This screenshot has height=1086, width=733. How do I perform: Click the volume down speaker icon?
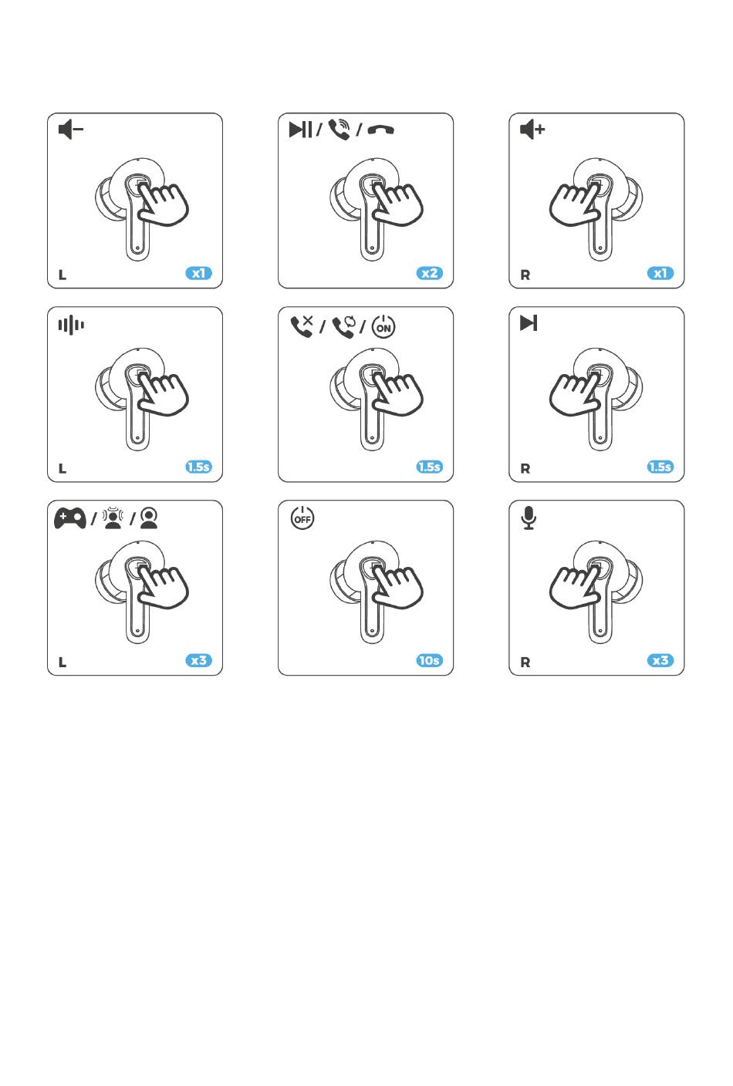coord(70,130)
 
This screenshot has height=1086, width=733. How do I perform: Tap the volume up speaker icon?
coord(532,130)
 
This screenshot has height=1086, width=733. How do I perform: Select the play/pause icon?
coord(300,130)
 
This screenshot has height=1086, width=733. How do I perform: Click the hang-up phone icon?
coord(381,130)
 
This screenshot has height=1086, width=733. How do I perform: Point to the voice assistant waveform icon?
coord(71,325)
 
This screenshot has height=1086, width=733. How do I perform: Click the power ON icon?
coord(383,326)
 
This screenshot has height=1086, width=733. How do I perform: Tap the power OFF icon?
coord(302,518)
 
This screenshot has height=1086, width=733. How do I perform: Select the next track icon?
coord(529,323)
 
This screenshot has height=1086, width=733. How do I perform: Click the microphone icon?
coord(529,518)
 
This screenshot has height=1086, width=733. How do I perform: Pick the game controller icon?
coord(70,518)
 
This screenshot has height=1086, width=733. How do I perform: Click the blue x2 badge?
coord(429,274)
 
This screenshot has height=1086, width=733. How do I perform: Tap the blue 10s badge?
coord(429,660)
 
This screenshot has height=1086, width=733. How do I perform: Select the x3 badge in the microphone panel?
coord(660,660)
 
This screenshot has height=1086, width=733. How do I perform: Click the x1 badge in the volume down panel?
coord(199,274)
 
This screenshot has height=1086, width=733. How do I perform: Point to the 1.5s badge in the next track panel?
coord(660,467)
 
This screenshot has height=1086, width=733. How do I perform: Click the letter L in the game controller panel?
coord(62,663)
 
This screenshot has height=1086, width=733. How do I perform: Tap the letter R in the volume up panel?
coord(525,275)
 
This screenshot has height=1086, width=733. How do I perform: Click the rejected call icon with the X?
coord(302,325)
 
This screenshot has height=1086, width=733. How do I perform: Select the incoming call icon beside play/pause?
coord(339,130)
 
